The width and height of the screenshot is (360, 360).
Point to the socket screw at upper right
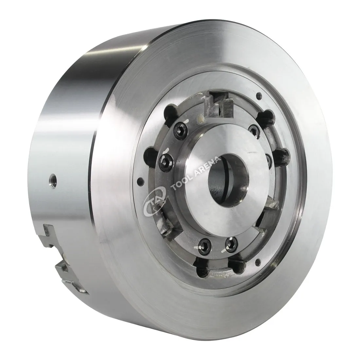[254, 132]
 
